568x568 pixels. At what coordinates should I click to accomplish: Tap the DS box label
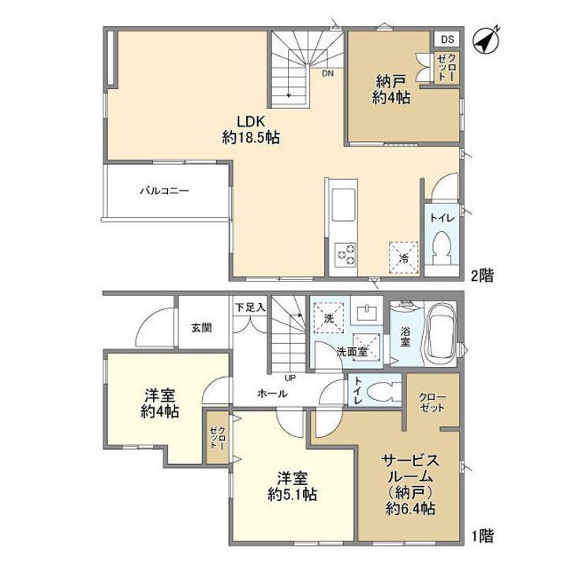point(447,39)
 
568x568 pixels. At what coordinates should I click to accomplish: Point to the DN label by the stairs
point(328,73)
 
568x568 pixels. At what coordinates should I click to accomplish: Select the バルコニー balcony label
point(165,191)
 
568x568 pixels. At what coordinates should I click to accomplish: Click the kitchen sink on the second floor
point(343,204)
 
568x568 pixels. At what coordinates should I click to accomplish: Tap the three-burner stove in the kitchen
point(346,255)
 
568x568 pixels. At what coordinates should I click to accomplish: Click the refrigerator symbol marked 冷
point(404,257)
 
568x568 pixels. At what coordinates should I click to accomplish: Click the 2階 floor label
point(482,276)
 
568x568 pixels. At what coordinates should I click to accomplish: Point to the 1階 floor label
point(482,536)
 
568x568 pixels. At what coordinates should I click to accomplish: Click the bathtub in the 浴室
point(440,333)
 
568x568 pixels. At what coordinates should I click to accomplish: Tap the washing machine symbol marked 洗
point(328,318)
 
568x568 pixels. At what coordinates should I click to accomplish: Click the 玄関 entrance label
point(202,328)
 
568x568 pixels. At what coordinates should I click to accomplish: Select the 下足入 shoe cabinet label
point(250,308)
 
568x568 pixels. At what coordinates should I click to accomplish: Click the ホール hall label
point(272,394)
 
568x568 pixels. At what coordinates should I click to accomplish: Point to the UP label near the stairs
point(290,378)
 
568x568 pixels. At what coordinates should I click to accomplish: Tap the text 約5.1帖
point(292,495)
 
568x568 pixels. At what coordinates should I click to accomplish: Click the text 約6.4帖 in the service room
point(410,509)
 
